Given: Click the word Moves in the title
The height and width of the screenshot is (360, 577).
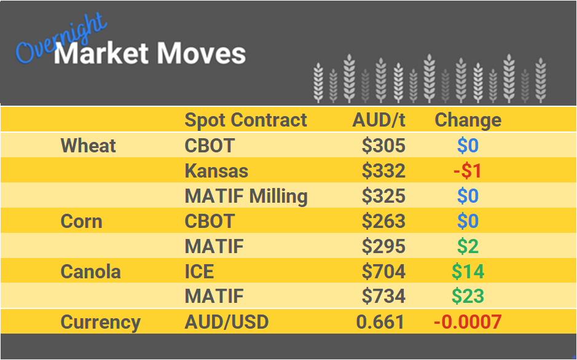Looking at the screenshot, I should pos(200,53).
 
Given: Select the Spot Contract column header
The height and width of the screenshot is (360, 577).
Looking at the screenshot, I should pos(246,120).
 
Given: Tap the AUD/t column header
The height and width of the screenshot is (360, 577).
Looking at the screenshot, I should pos(379,120).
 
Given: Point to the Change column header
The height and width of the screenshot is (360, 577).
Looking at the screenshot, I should pos(468,120).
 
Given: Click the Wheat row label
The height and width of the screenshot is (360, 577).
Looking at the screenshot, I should pos(88,146).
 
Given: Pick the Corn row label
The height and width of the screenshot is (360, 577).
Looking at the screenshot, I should pos(81,221).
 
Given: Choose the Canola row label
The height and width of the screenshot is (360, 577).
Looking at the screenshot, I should pos(91,272).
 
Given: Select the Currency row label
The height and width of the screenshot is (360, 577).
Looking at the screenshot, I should pos(101,322).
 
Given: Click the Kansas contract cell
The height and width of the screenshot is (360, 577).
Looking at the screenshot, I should pos(216,171).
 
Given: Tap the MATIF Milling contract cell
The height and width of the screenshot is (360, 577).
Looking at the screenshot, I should pos(246,196).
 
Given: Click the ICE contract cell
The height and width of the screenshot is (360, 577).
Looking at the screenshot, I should pos(200,272).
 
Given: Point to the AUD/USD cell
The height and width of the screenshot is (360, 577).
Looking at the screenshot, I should pos(227,322).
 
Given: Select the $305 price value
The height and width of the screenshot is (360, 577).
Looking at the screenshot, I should pos(383,146).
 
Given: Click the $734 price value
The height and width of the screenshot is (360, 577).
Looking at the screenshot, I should pos(383,297).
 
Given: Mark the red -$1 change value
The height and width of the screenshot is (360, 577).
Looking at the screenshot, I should pos(468,171).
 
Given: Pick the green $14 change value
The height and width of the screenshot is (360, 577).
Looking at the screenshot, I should pos(468,272).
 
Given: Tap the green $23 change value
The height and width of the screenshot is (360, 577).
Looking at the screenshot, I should pos(468,297).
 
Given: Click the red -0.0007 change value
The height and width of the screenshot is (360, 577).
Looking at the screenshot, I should pos(468,322).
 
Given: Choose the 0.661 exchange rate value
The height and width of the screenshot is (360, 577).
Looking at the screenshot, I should pos(380,322).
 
